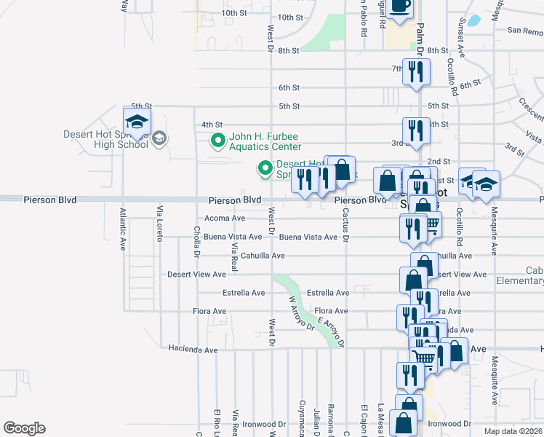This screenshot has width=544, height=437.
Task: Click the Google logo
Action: point(24,428)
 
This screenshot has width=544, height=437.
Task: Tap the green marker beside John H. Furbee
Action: point(217,141)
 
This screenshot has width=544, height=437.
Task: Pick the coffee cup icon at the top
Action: point(399,6)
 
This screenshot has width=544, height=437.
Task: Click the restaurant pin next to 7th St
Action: point(416,72)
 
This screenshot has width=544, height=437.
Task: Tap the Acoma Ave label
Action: point(225,218)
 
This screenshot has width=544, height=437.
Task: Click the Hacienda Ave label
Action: point(193,350)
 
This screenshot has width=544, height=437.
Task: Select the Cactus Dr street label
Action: point(346,229)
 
